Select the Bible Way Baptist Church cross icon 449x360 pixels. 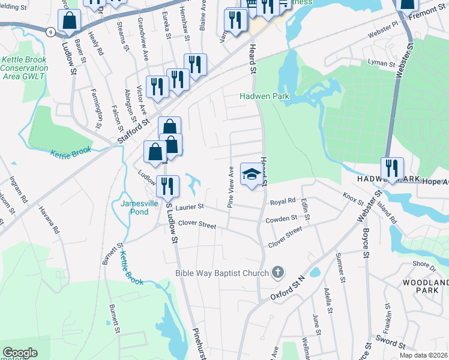pos(277,273)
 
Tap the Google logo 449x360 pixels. pos(20,352)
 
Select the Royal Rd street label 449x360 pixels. pos(283,200)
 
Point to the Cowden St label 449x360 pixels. pos(282,219)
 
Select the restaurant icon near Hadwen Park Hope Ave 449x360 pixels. pos(392,169)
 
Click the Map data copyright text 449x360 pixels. pos(423,355)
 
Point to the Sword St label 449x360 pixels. pos(390,343)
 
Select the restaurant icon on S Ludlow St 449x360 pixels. pos(167,185)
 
